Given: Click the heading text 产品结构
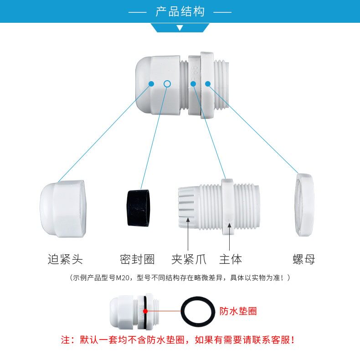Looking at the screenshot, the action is [180, 11].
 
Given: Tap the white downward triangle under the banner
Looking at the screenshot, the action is [180, 28].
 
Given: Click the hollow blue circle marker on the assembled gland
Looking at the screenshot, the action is [167, 84].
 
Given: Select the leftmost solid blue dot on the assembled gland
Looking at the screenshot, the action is [151, 84].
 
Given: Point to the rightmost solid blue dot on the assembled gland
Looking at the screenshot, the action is [208, 84].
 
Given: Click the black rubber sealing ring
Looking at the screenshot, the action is [138, 208].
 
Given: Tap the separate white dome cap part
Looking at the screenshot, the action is [63, 209].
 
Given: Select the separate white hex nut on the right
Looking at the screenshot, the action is [304, 205].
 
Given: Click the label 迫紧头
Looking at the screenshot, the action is [65, 259].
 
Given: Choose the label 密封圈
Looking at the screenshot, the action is [137, 259].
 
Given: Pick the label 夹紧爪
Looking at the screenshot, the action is [189, 259].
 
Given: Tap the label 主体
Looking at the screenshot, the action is [231, 259].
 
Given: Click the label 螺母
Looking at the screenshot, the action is [304, 259].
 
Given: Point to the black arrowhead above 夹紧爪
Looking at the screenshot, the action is [188, 220].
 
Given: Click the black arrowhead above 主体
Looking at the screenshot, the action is [230, 225].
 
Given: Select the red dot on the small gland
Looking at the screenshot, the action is [145, 311].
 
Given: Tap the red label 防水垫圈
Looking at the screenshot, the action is [238, 311].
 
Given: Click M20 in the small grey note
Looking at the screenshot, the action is [123, 278].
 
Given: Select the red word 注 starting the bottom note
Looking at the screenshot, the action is [66, 340].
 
